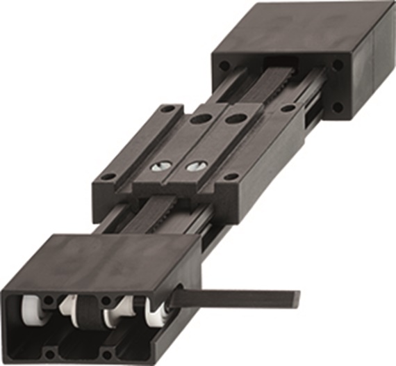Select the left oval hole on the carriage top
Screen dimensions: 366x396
pos(200,120)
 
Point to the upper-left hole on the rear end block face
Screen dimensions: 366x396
pos(224,65)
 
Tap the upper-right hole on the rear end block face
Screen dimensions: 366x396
pos(337,64)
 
